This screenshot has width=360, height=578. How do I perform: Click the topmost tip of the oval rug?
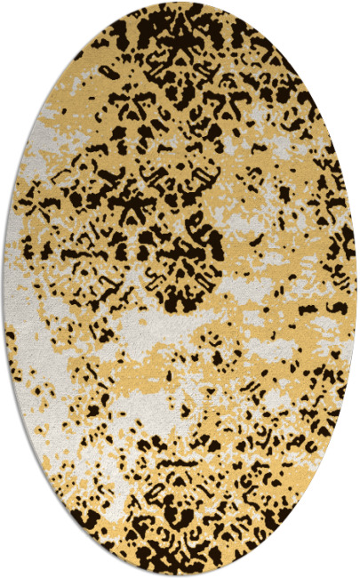180,3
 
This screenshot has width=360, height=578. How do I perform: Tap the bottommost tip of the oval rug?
180,575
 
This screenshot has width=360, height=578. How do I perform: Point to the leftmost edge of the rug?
4,289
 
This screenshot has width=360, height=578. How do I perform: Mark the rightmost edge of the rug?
356,289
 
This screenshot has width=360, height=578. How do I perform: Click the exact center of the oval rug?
180,289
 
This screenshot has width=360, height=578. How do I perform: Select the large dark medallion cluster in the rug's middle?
178,222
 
